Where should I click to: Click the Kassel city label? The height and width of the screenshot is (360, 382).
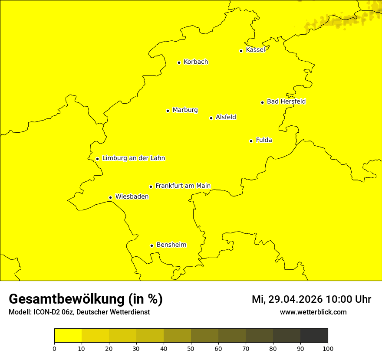point(255,50)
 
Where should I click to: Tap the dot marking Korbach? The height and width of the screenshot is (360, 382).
point(179,62)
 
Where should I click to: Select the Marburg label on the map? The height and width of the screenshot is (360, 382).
point(185,110)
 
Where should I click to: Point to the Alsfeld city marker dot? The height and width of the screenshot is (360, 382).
point(211,118)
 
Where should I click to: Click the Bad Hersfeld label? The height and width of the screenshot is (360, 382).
point(286,101)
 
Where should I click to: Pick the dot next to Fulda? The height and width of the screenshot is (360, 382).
point(251,141)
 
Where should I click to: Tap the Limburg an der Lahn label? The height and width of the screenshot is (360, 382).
point(134,158)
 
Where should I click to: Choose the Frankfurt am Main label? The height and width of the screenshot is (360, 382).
point(183,186)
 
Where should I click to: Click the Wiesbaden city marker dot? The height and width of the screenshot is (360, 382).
point(110,198)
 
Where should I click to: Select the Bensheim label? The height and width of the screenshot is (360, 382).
point(171,245)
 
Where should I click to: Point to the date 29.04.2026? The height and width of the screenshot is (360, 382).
point(296,299)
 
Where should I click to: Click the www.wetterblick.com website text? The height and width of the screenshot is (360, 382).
point(313,312)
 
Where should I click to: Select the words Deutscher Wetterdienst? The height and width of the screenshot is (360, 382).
point(114,312)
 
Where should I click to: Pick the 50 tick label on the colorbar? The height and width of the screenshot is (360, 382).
point(191,348)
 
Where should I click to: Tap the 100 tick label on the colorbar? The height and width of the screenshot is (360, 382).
point(328,348)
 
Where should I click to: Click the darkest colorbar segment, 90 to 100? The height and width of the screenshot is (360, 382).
point(314,335)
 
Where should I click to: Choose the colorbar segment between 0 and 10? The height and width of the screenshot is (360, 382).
point(68,335)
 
